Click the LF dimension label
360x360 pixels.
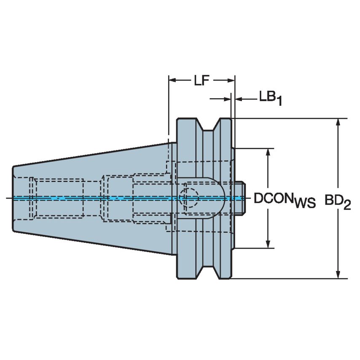point(201,81)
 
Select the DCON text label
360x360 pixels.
point(274,199)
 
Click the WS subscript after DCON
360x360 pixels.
point(305,204)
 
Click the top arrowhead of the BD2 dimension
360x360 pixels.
point(338,122)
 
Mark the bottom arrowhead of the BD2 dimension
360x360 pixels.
point(338,274)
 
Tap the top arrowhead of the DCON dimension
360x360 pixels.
point(267,152)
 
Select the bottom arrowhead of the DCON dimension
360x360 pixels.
point(267,244)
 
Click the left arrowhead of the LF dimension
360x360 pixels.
point(172,80)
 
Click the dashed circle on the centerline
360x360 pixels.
point(188,198)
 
